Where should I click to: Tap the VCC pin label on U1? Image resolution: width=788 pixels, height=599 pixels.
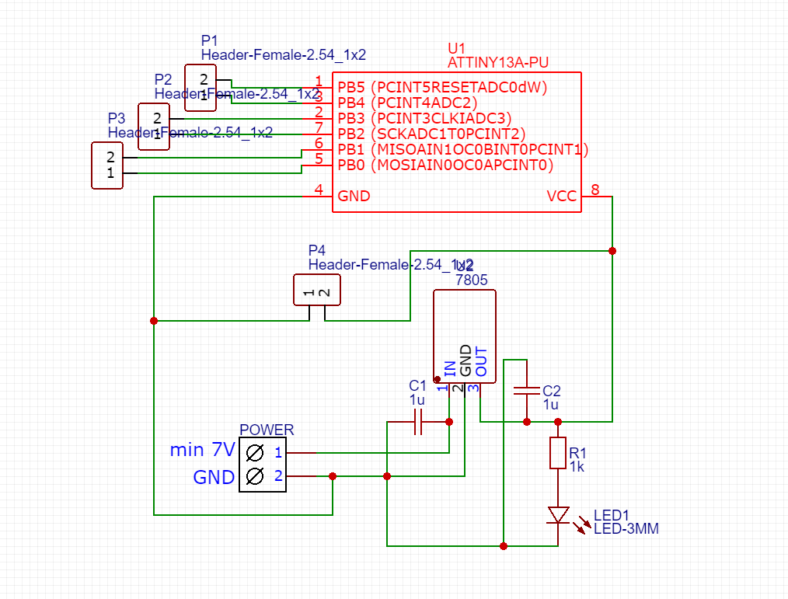tap(562, 197)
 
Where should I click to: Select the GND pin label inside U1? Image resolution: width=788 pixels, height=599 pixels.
tap(354, 197)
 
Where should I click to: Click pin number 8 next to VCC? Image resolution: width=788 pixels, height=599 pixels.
tap(595, 190)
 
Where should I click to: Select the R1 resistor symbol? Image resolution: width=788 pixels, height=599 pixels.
tap(558, 453)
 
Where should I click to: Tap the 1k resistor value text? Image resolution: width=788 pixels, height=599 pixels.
tap(577, 467)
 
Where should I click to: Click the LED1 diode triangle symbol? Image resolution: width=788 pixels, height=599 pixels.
tap(558, 514)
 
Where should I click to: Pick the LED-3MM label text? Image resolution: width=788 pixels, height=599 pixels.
tap(626, 529)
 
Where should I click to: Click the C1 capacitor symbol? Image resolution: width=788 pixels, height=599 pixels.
tap(418, 422)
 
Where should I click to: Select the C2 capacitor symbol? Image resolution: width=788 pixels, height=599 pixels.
tap(527, 391)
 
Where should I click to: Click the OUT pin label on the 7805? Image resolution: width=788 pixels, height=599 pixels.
tap(481, 362)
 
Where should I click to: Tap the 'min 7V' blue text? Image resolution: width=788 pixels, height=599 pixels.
tap(202, 450)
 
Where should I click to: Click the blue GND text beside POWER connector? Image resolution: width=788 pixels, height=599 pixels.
tap(214, 477)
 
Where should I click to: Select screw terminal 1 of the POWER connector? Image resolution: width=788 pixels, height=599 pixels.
tap(254, 452)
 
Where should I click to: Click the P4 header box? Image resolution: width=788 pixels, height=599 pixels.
tap(317, 290)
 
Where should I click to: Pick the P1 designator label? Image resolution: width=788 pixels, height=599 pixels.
tap(210, 40)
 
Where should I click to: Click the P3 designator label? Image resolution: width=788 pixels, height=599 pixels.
tap(117, 118)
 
